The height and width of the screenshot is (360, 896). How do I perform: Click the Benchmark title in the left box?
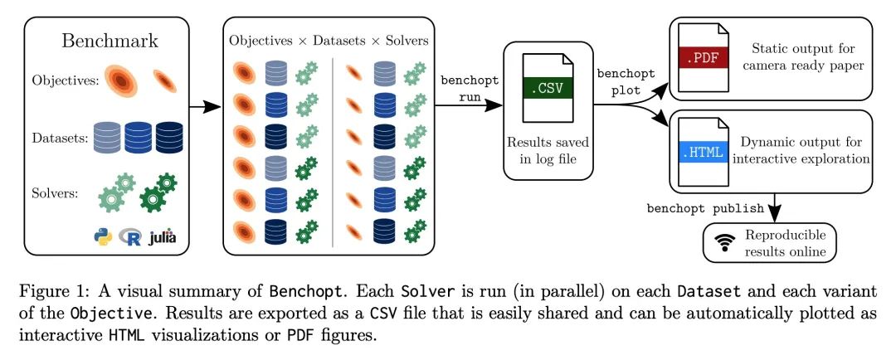click(110, 41)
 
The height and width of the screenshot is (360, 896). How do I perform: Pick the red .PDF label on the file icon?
click(700, 56)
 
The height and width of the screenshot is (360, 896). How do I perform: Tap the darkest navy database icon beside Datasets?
click(169, 137)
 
